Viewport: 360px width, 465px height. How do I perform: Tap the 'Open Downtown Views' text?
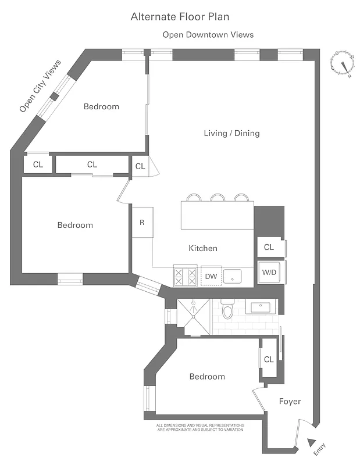(x=208, y=35)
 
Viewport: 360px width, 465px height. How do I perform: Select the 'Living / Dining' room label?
(x=231, y=133)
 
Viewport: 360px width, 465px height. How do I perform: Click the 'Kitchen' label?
(x=203, y=248)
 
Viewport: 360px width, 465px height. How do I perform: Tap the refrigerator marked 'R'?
(x=142, y=221)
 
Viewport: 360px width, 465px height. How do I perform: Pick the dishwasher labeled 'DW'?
(x=211, y=276)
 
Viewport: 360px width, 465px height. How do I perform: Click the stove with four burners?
(x=186, y=276)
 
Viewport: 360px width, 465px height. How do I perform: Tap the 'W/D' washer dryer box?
(x=269, y=272)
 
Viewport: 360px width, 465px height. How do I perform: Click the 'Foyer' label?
(x=290, y=401)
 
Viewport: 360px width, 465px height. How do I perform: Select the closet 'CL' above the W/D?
(x=269, y=247)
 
